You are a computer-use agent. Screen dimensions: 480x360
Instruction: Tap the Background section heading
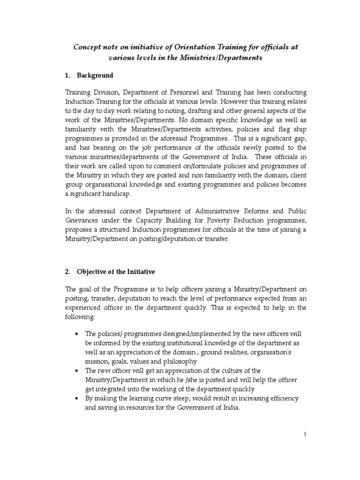96,75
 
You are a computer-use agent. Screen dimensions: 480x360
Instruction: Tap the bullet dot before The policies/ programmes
76,334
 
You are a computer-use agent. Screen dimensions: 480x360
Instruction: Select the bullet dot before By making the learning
76,398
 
